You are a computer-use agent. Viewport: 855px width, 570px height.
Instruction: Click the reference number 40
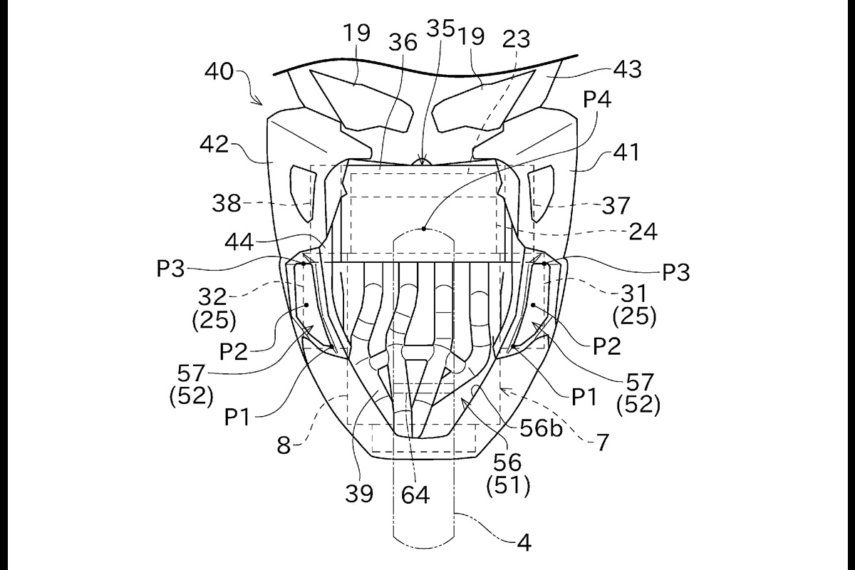click(x=219, y=71)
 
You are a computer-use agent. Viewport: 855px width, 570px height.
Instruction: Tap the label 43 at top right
click(x=627, y=70)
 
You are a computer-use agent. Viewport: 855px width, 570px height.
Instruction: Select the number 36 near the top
click(x=403, y=42)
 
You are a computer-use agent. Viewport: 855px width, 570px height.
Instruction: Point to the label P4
click(x=597, y=99)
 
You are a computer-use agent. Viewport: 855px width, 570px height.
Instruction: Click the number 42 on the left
click(x=214, y=145)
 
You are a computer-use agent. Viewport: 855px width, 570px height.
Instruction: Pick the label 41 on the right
click(x=627, y=152)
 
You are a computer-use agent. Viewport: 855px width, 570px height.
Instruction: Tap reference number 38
click(x=227, y=203)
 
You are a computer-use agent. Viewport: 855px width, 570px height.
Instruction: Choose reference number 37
click(x=616, y=205)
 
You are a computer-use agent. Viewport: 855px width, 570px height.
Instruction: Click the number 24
click(x=643, y=232)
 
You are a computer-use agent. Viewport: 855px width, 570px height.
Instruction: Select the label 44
click(x=239, y=242)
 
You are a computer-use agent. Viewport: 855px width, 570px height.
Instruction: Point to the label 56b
click(x=541, y=428)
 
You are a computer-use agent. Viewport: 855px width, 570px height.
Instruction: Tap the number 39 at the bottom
click(x=359, y=494)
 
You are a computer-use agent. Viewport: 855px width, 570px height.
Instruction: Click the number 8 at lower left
click(x=284, y=445)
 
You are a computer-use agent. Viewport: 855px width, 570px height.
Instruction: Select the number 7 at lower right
click(x=602, y=442)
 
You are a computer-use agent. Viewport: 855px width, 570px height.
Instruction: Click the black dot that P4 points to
click(x=424, y=229)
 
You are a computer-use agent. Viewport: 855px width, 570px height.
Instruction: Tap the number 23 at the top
click(x=516, y=38)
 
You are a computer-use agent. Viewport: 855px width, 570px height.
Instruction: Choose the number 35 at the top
click(x=441, y=28)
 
